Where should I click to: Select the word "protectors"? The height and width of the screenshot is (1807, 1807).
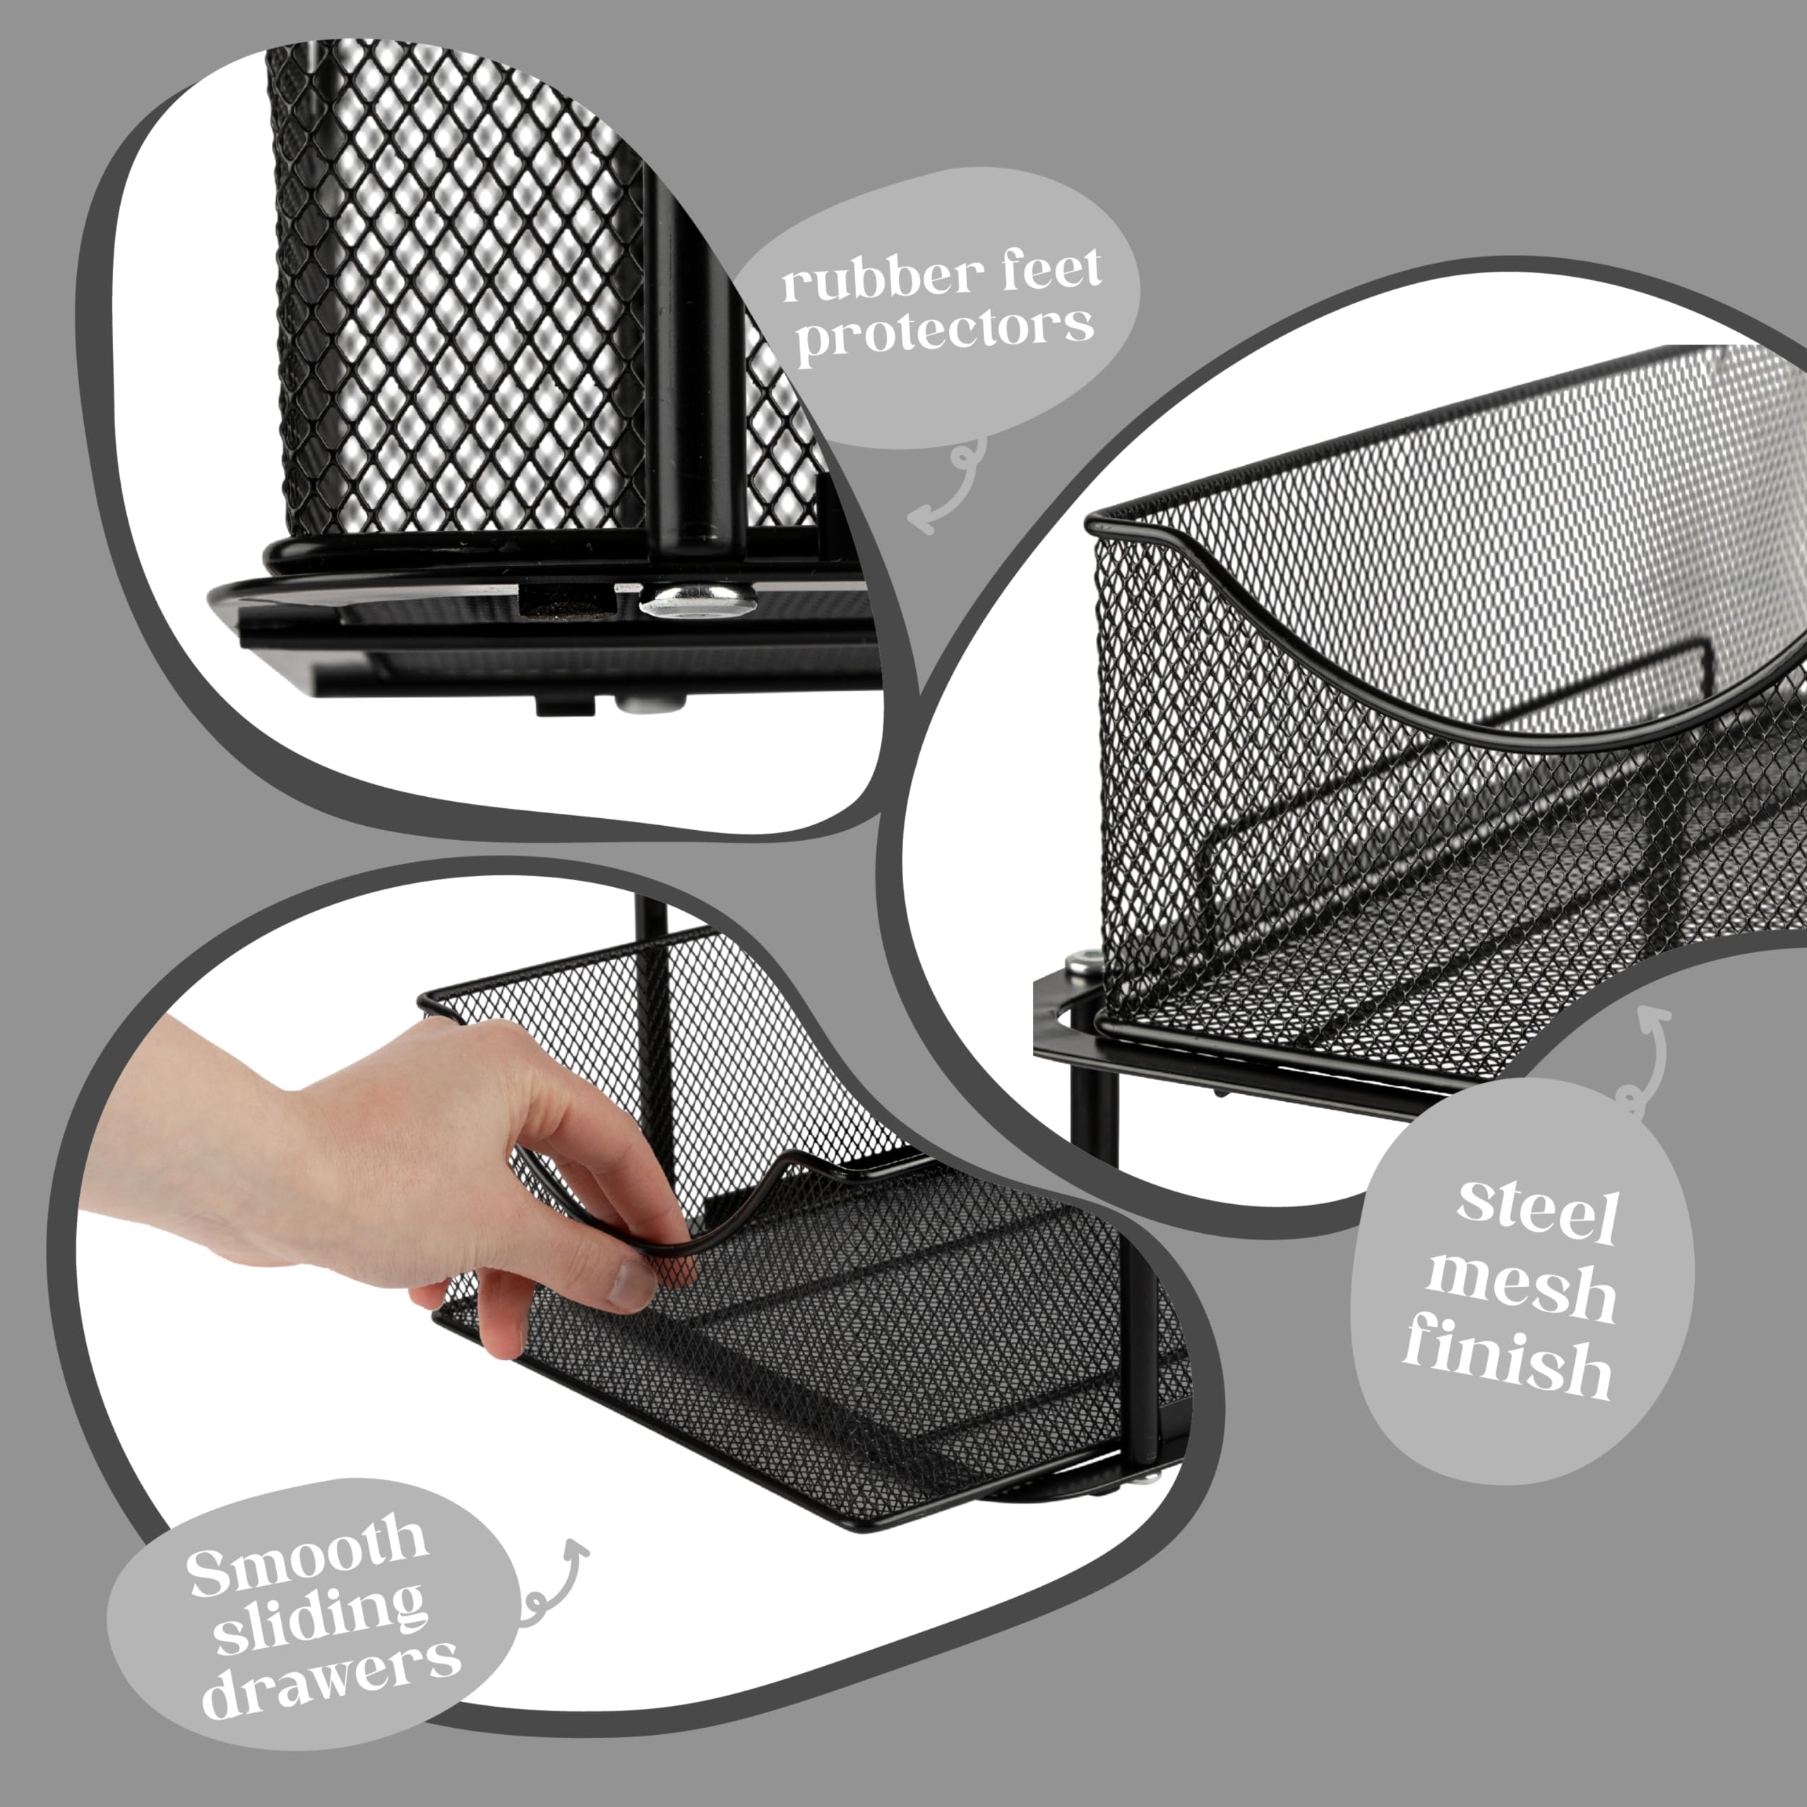coord(944,331)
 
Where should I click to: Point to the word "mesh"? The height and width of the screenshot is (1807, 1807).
coord(1520,1288)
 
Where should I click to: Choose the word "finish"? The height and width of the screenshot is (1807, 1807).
coord(1507,1364)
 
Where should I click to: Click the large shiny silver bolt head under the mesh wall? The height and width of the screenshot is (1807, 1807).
coord(697,599)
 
